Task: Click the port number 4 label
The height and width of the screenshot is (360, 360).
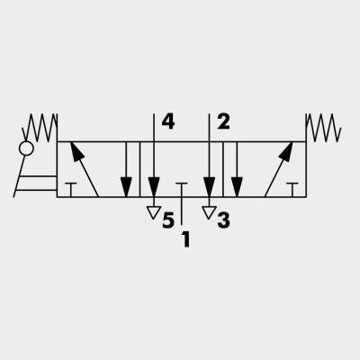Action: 168,122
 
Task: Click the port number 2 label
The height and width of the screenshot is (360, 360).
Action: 223,122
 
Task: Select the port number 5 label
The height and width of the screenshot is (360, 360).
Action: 168,220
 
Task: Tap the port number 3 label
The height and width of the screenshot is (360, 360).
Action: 224,220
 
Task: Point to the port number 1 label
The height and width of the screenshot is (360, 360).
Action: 186,239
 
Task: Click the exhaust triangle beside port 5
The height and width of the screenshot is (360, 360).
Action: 154,212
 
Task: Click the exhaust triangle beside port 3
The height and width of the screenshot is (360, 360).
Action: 209,212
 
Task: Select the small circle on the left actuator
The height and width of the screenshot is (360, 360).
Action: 26,148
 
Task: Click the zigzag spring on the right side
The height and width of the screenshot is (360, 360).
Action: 323,128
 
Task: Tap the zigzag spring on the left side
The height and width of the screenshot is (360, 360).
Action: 40,128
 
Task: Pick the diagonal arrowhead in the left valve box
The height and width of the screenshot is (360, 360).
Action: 76,152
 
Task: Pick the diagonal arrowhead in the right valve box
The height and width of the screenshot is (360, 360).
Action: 286,152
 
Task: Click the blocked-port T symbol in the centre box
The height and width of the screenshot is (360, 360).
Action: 182,190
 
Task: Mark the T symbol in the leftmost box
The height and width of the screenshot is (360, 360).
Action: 71,190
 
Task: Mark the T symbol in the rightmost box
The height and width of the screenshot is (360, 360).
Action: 292,190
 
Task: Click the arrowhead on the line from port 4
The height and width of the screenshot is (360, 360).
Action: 154,187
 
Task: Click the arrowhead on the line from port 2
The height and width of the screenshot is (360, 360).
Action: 209,187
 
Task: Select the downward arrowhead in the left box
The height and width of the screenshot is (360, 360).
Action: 126,187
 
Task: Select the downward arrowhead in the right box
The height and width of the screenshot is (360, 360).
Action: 237,187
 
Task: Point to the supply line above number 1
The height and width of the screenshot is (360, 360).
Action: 182,211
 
